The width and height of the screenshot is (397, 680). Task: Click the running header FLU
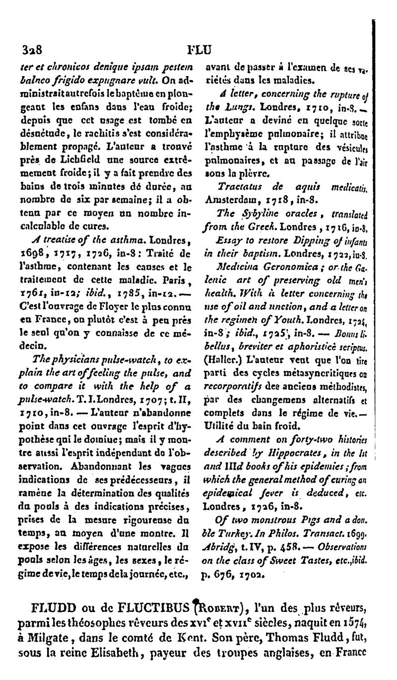(x=198, y=50)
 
